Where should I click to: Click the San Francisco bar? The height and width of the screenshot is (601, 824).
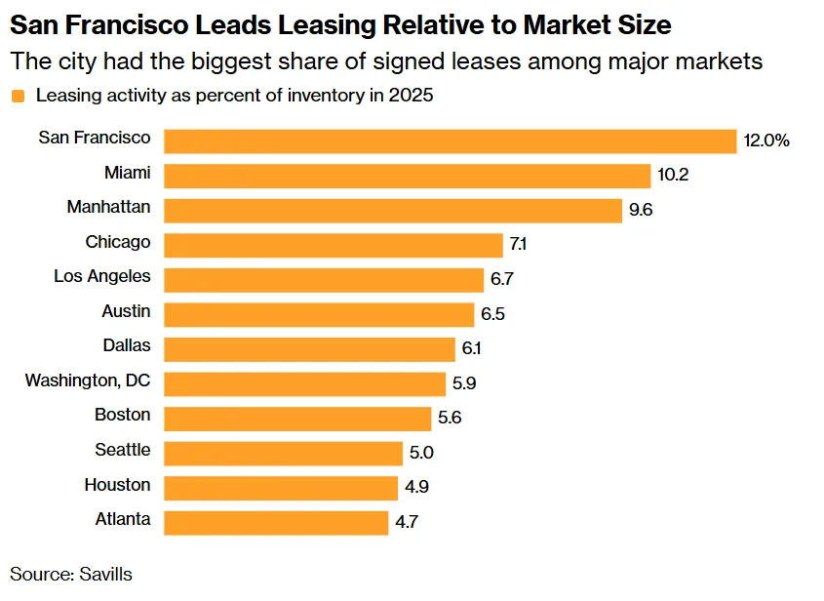450,140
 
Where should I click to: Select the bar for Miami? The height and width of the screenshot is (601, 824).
407,176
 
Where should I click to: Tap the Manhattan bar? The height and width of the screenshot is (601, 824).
392,210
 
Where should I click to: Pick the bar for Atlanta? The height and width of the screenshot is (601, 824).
276,522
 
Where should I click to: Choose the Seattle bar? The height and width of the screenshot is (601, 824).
283,453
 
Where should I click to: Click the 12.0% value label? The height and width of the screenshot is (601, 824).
765,140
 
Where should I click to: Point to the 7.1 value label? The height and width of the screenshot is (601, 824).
520,245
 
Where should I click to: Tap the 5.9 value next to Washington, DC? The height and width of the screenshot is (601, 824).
464,383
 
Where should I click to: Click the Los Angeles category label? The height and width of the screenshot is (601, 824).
102,276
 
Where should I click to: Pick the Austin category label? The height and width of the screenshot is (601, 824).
126,311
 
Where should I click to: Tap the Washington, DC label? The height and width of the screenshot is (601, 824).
88,381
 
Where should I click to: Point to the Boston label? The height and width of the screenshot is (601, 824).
123,415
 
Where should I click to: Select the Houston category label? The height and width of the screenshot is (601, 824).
117,485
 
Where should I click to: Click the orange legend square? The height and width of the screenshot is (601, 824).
18,97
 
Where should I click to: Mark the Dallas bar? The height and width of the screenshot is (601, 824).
309,349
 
